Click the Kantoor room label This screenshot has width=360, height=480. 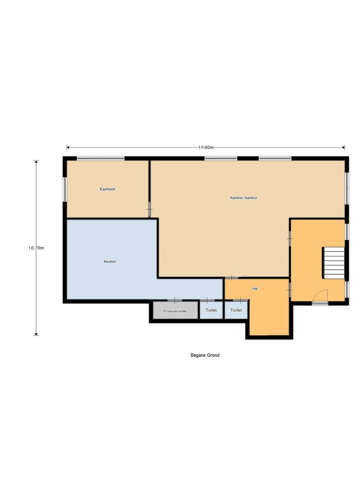[x=107, y=189]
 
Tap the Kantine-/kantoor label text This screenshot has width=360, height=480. [x=244, y=198]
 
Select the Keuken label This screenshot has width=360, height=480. [x=110, y=261]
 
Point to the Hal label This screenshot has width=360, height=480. [x=255, y=289]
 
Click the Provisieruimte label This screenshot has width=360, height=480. [x=175, y=311]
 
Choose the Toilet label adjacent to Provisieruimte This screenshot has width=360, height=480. [x=211, y=310]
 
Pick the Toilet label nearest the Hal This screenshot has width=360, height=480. [x=236, y=310]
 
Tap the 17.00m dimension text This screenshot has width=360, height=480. [x=206, y=147]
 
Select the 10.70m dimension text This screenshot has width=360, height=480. [x=36, y=248]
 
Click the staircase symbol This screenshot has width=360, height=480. [x=334, y=263]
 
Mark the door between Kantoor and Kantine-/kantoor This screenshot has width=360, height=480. [x=150, y=209]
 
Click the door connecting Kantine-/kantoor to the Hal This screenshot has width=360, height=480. [x=231, y=278]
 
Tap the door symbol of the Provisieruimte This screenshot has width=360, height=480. [x=175, y=300]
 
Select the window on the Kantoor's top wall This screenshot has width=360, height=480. [x=101, y=158]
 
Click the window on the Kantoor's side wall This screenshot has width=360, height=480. [x=65, y=189]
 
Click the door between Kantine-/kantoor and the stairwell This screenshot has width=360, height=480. [x=289, y=239]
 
